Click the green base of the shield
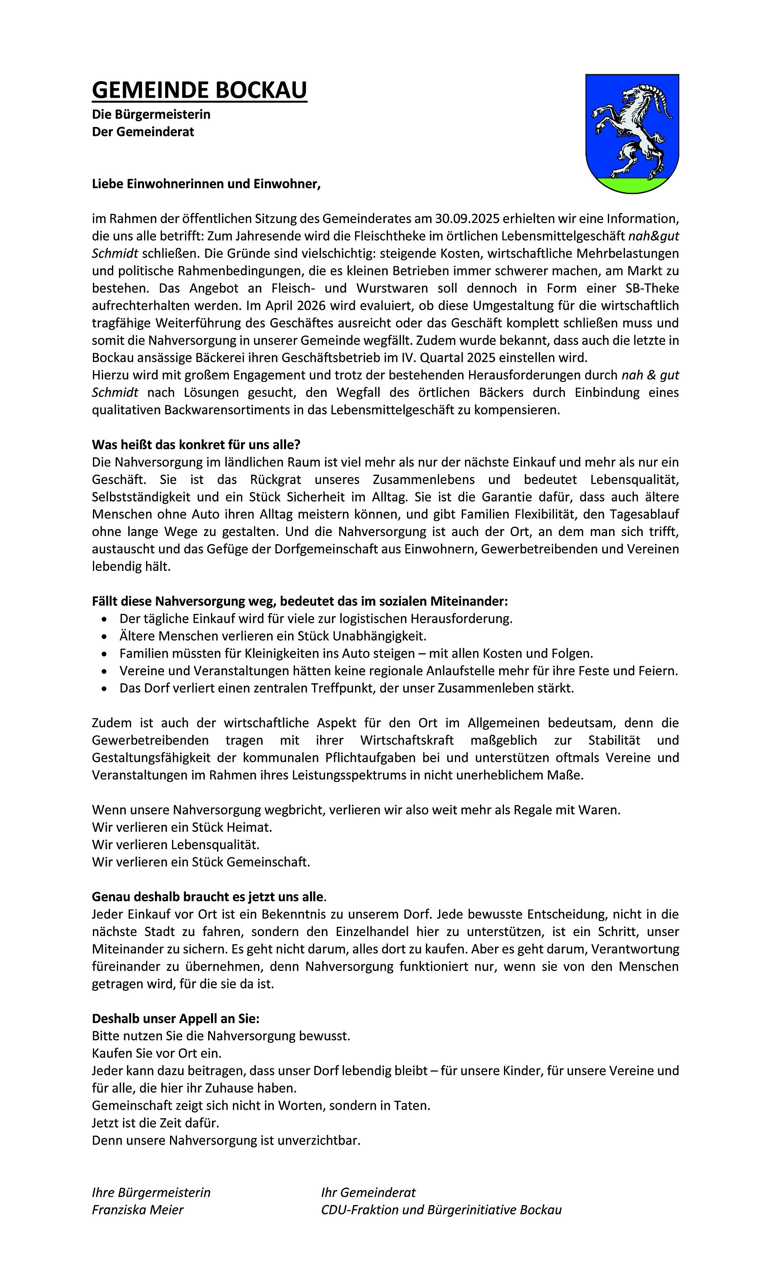(x=632, y=184)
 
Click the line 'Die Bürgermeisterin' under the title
(x=151, y=114)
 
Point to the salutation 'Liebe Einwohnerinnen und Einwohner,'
(x=206, y=184)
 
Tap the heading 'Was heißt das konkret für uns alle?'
(x=196, y=445)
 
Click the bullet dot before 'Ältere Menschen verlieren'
(x=106, y=636)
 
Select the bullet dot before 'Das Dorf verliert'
(x=106, y=689)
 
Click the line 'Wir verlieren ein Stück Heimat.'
(x=182, y=827)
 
